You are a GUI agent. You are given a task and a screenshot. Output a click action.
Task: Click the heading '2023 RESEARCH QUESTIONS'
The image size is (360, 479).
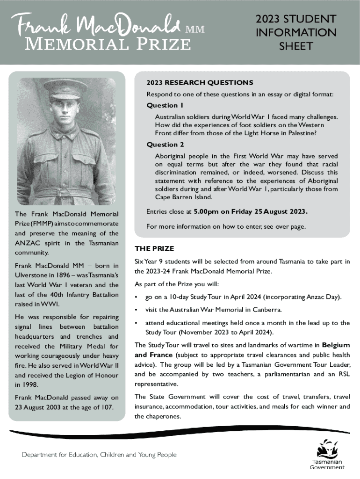[x=200, y=82]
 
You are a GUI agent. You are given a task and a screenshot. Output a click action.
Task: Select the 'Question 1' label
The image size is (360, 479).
[x=165, y=105]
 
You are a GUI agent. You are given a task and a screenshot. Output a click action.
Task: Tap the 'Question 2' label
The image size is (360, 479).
[x=165, y=144]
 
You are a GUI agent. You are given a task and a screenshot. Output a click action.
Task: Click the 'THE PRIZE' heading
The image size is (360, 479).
[x=154, y=248]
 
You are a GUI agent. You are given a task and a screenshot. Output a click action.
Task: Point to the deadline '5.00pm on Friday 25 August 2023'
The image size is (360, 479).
[x=250, y=211]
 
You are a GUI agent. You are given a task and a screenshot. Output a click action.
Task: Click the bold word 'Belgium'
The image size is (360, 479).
[x=336, y=345]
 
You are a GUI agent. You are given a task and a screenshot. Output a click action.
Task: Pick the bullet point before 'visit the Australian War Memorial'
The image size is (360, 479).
[x=136, y=310]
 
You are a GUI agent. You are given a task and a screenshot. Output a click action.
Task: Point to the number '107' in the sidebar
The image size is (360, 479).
[x=106, y=406]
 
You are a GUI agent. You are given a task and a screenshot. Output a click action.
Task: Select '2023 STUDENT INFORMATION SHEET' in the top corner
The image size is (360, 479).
[x=295, y=33]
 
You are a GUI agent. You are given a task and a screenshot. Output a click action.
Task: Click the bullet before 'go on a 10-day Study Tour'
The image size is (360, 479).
[x=136, y=298]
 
